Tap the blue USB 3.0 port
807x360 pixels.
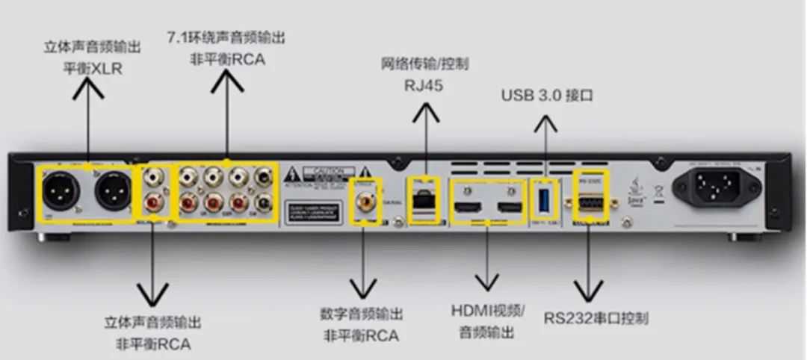pos(544,199)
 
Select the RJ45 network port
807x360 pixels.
pos(423,198)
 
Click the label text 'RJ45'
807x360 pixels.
pos(423,85)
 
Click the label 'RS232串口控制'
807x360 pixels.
pos(596,318)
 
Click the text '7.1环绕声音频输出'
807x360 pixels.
pos(226,37)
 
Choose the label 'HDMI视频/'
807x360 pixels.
pos(488,311)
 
